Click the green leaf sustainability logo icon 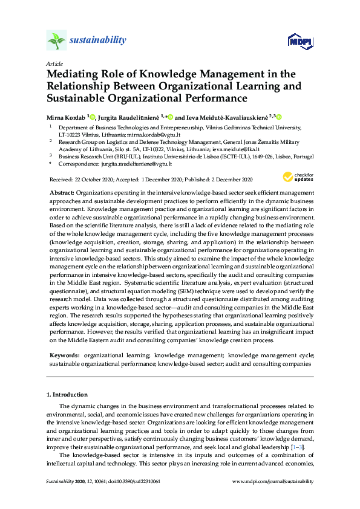(56, 41)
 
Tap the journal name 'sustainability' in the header (99, 41)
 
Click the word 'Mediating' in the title (75, 74)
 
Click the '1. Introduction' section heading (67, 394)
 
